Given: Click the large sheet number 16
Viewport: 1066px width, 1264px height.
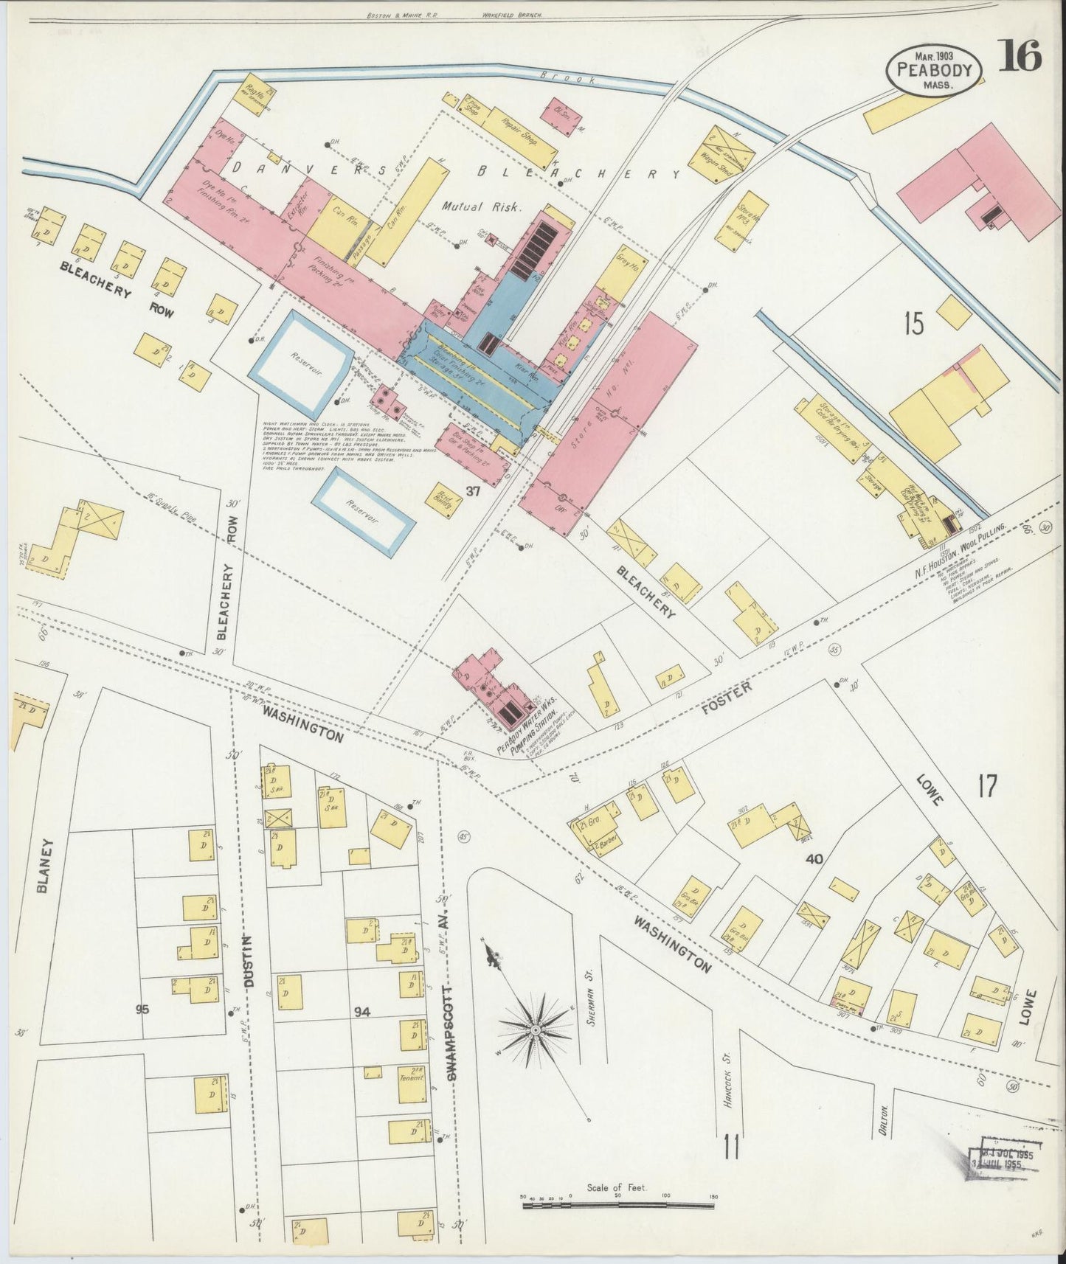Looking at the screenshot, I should pyautogui.click(x=1021, y=56).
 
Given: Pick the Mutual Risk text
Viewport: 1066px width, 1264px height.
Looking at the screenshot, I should pyautogui.click(x=482, y=208).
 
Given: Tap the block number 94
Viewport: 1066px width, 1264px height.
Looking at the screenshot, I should pyautogui.click(x=361, y=1013).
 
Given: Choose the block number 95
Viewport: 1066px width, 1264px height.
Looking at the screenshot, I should pyautogui.click(x=142, y=1010).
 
